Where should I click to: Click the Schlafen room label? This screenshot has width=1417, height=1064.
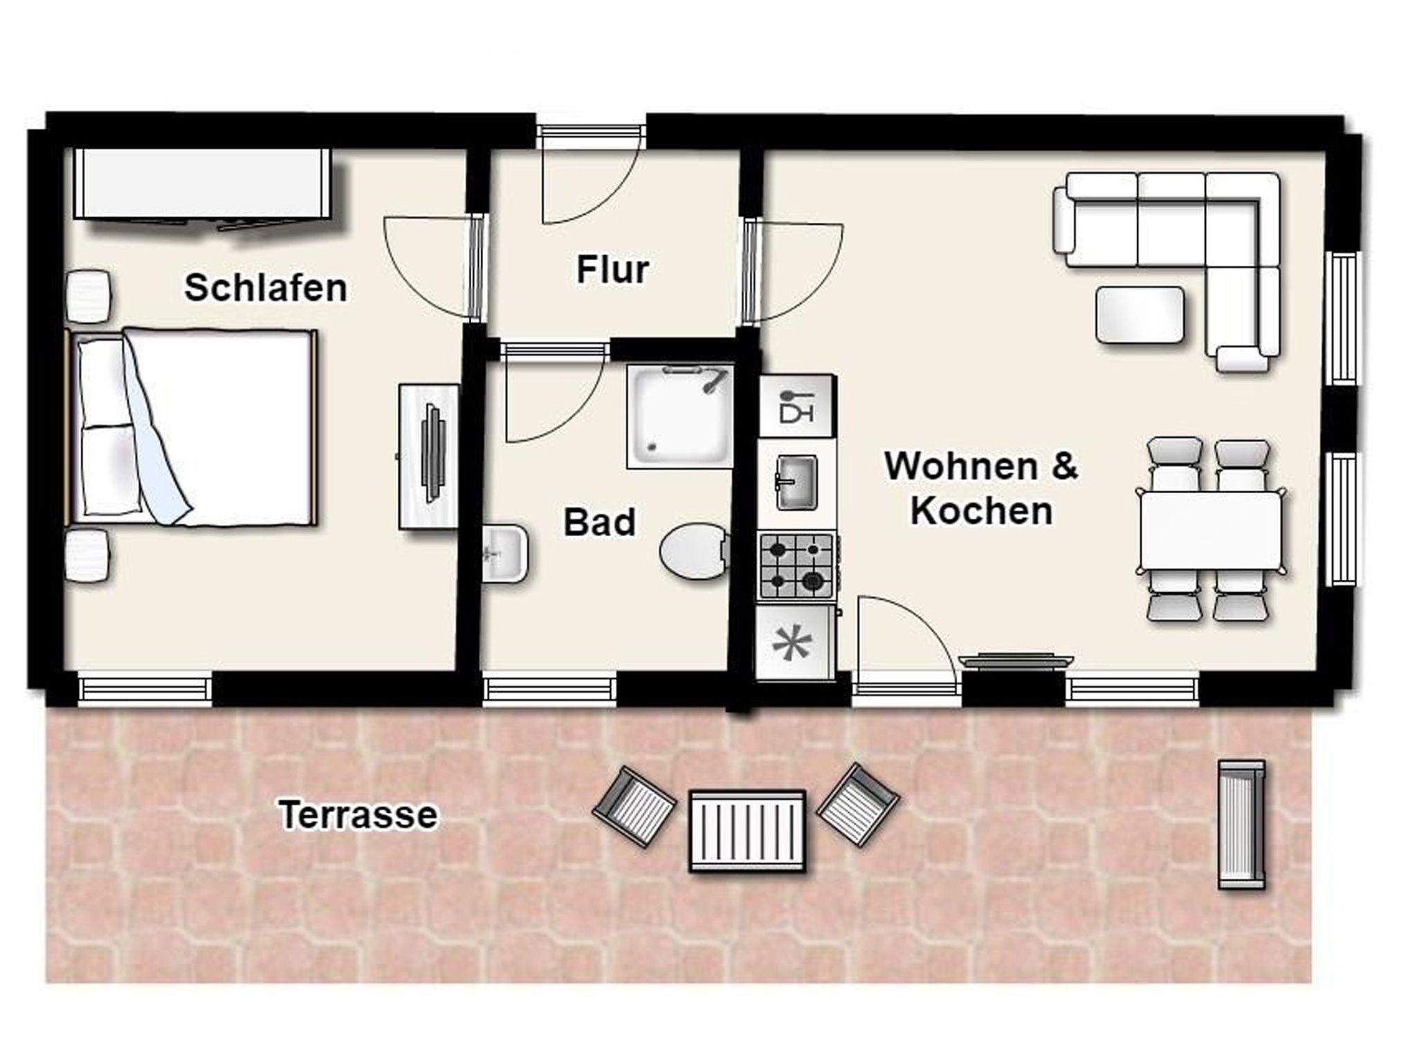point(266,288)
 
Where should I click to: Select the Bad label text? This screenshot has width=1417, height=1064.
point(599,522)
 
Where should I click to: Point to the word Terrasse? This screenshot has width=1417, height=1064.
point(358,815)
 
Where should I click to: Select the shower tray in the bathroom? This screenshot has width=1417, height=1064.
point(680,416)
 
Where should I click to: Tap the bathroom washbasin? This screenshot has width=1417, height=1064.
point(504,553)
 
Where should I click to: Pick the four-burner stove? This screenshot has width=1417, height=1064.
point(796,566)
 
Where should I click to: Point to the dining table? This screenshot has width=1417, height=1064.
point(1211,530)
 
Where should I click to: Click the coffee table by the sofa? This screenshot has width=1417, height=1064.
point(1140,315)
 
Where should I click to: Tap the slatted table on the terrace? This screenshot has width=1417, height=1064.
point(747,830)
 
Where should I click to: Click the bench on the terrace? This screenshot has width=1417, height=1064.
point(1241,824)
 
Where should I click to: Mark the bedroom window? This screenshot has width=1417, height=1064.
point(144,690)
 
